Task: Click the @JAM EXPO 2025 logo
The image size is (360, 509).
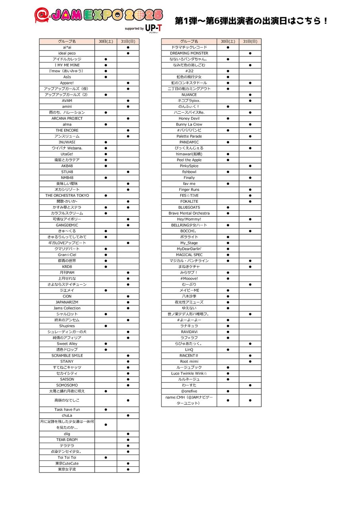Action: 99,15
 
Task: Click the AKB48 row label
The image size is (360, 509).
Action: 67,166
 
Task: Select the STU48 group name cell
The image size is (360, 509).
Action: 67,172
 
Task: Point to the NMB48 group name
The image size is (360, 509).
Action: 67,178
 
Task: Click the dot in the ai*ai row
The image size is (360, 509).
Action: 128,47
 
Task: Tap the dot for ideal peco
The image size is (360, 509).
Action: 128,53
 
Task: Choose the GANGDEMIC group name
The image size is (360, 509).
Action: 67,225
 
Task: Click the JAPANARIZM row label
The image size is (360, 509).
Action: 67,302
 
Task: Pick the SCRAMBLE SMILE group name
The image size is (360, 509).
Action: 67,356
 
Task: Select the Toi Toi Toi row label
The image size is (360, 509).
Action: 67,458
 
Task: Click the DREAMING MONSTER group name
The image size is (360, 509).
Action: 189,53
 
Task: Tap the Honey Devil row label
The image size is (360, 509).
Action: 189,119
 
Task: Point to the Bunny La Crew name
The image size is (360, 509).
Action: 189,124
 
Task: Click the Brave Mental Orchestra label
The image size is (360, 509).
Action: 189,213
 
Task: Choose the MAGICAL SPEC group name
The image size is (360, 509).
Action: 189,255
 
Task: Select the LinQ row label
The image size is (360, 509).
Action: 189,350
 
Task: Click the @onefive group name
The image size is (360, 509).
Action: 189,391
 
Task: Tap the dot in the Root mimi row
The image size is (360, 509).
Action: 250,361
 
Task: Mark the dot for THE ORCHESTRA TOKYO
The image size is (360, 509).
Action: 106,196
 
